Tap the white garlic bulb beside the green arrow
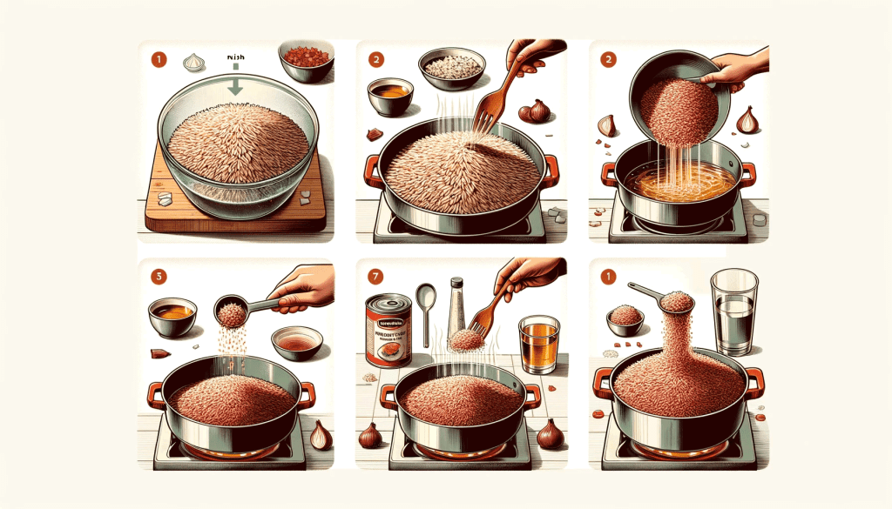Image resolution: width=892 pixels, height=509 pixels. [x=193, y=62]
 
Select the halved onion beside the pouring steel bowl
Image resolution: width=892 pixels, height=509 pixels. [x=747, y=119]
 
